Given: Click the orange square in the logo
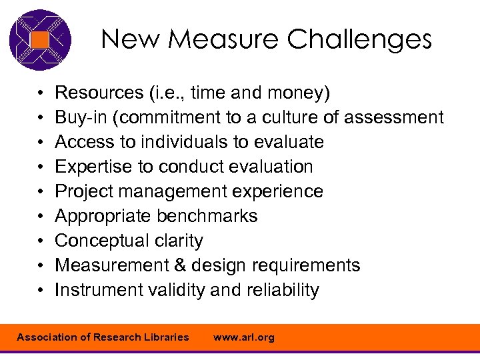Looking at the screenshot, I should click(40, 40).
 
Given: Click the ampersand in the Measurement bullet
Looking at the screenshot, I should click(179, 265).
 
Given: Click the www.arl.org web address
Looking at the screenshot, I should click(243, 337).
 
